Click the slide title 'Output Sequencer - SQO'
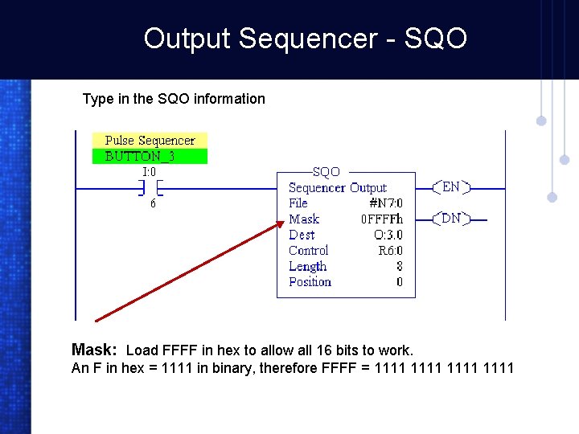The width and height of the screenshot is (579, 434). click(x=305, y=38)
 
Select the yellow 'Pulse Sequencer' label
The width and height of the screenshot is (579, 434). click(x=150, y=141)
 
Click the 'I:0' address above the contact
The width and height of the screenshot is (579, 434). click(x=149, y=171)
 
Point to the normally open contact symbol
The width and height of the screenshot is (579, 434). click(x=150, y=188)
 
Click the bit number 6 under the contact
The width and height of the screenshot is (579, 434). click(x=153, y=204)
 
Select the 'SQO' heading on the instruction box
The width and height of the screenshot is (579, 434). click(x=326, y=172)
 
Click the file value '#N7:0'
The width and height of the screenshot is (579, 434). click(x=385, y=203)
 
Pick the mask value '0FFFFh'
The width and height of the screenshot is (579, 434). click(x=381, y=219)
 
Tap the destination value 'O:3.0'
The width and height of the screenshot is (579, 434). click(x=388, y=235)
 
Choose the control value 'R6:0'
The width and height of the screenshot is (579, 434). click(x=390, y=251)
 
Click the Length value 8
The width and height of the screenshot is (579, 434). click(x=399, y=266)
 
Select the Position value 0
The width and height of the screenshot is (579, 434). click(x=399, y=282)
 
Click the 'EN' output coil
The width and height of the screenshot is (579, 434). click(x=451, y=187)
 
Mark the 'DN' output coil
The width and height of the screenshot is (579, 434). click(x=451, y=218)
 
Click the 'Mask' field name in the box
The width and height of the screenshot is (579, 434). click(x=304, y=219)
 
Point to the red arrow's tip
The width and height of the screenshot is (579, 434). click(x=282, y=225)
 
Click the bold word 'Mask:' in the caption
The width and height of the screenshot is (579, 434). click(x=95, y=350)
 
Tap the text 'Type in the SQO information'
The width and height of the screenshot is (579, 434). click(x=174, y=99)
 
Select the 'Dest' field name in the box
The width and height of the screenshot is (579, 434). click(x=302, y=235)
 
